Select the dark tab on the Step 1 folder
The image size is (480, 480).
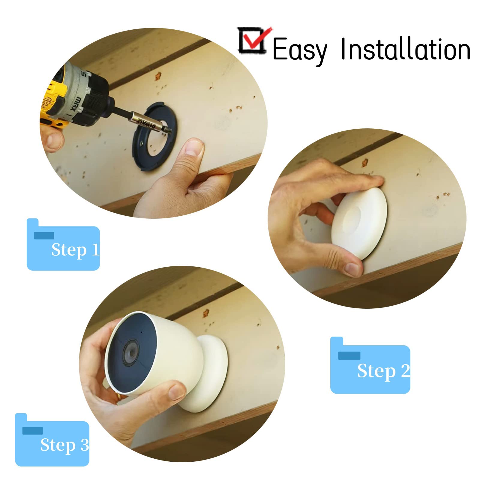tap(44, 235)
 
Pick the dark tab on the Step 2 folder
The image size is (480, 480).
tap(349, 355)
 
